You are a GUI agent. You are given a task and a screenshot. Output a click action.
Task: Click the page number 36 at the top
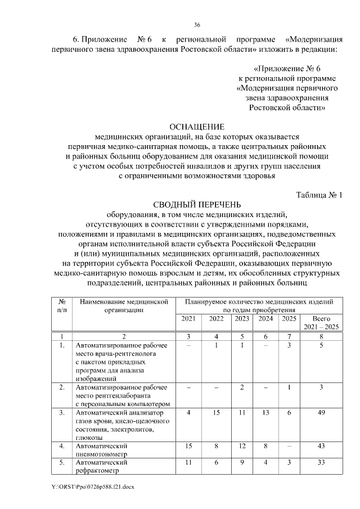click(197, 25)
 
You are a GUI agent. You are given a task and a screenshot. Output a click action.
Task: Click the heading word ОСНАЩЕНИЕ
click(197, 127)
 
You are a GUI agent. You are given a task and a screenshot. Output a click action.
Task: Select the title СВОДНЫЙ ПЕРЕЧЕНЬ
click(197, 204)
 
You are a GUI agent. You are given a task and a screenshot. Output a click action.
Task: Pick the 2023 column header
click(242, 318)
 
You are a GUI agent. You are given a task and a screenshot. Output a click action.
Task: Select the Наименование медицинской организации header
click(124, 305)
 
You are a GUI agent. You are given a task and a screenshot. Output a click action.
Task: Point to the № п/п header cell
click(62, 305)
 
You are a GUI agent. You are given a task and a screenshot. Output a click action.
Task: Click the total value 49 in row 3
click(321, 413)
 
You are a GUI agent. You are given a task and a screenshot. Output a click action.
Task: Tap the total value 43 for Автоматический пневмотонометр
click(321, 445)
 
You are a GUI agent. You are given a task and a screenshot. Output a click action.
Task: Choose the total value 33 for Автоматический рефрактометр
click(321, 462)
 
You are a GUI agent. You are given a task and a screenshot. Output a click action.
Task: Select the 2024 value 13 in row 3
click(265, 413)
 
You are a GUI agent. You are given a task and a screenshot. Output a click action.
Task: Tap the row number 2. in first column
click(62, 388)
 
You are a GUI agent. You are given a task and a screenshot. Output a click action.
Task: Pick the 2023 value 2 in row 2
click(242, 388)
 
